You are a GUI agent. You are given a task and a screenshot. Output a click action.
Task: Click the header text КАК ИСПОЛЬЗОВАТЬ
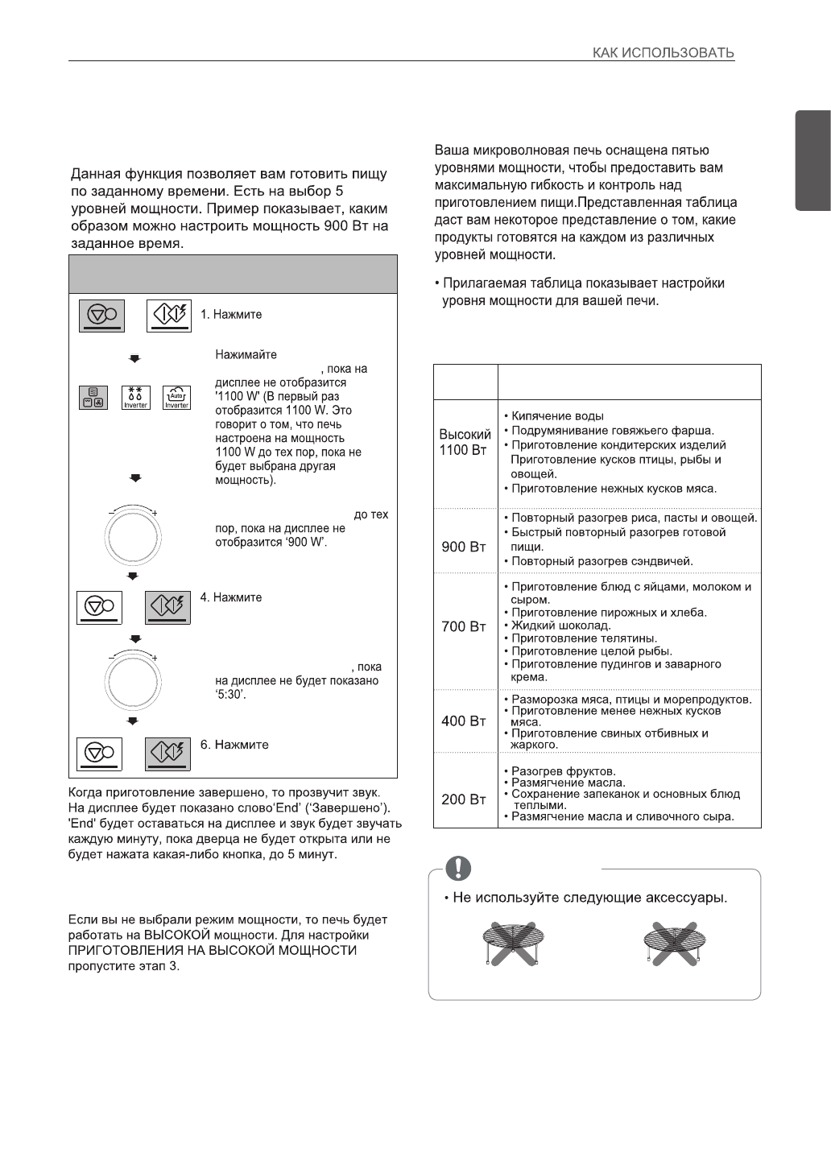pyautogui.click(x=663, y=53)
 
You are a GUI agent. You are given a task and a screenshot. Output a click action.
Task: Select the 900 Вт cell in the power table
pyautogui.click(x=464, y=547)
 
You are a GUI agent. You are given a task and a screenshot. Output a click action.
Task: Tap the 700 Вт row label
pyautogui.click(x=464, y=626)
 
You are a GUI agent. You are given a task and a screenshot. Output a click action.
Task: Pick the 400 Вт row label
pyautogui.click(x=464, y=721)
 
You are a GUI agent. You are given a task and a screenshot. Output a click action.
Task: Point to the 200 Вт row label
pyautogui.click(x=464, y=799)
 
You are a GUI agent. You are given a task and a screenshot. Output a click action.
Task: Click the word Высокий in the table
pyautogui.click(x=465, y=434)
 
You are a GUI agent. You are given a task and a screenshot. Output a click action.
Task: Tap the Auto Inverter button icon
pyautogui.click(x=176, y=398)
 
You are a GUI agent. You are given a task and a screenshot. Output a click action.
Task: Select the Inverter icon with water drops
pyautogui.click(x=136, y=398)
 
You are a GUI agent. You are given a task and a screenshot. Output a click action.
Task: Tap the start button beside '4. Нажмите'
pyautogui.click(x=168, y=606)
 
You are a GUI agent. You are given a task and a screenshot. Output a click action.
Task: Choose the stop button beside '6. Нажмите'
pyautogui.click(x=100, y=753)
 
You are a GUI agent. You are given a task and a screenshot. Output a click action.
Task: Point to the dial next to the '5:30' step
pyautogui.click(x=133, y=683)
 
